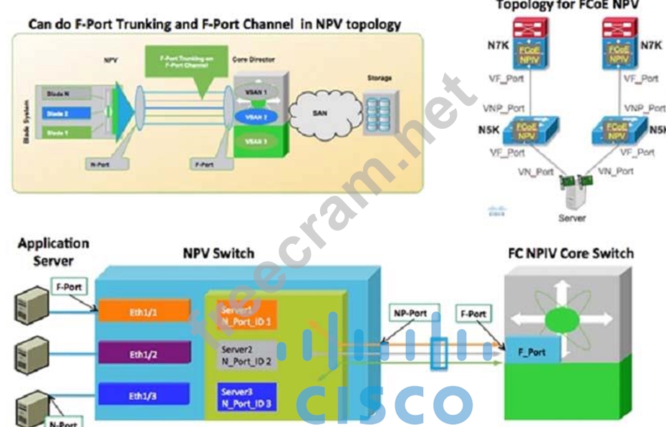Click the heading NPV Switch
click(218, 253)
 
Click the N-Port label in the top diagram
click(105, 164)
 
